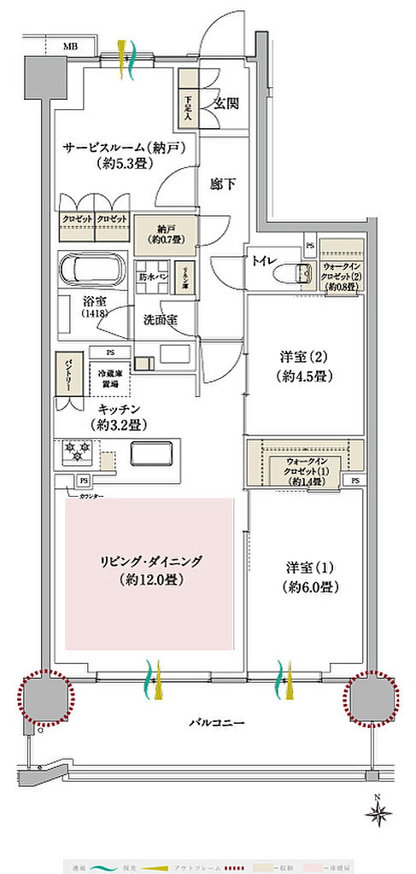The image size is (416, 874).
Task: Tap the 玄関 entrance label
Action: click(226, 104)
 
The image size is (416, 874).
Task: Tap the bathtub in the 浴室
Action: click(92, 271)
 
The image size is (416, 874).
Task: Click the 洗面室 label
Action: click(160, 321)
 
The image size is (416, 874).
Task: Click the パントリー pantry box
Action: click(64, 375)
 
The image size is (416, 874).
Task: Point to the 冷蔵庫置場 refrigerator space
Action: click(111, 376)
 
